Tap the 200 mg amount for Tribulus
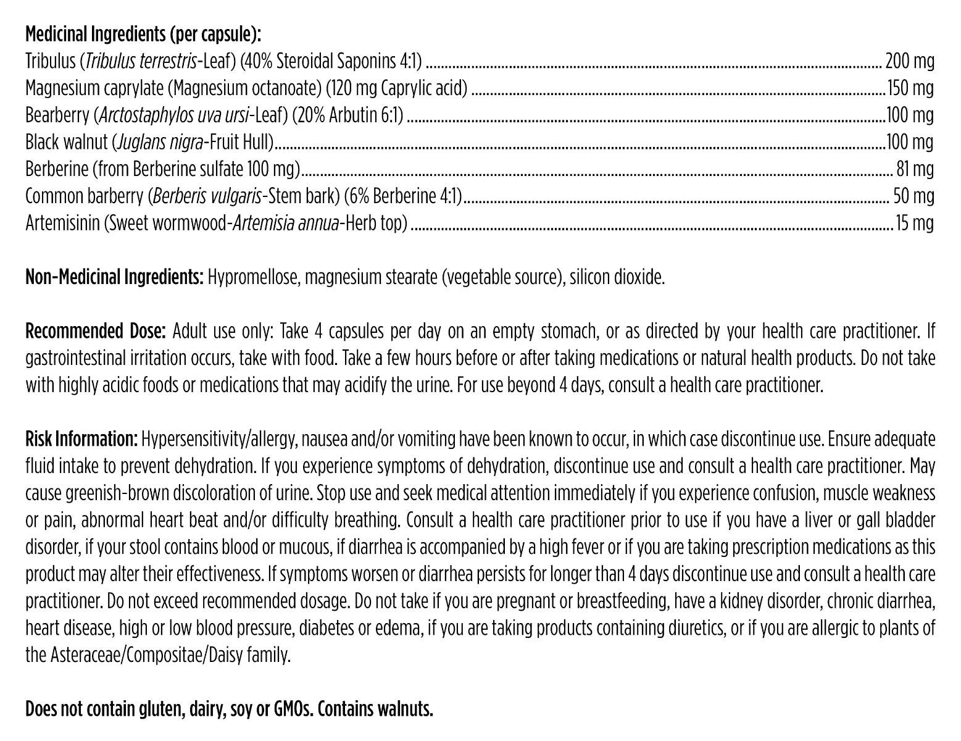tap(909, 61)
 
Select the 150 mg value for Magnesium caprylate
tap(910, 88)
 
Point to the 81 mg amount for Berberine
tap(915, 169)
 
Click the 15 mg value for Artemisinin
tap(915, 223)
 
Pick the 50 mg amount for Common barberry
tap(913, 196)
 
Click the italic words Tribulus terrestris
tap(139, 61)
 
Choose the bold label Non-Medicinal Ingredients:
tap(115, 277)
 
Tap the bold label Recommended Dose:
tap(96, 332)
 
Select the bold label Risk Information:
tap(81, 440)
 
